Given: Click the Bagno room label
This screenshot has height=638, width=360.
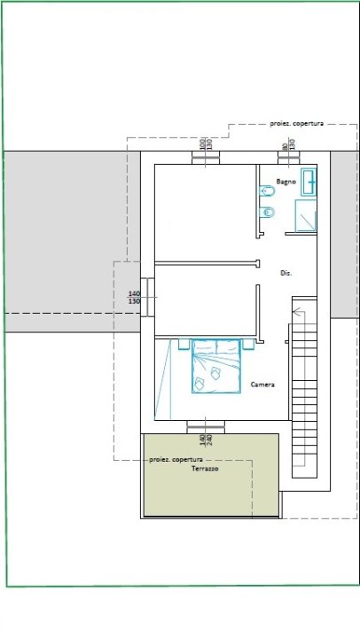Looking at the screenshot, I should (x=285, y=181).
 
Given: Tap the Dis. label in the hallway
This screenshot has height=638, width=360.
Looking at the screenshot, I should (x=286, y=273).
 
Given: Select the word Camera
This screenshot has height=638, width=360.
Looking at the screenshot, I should (x=262, y=385).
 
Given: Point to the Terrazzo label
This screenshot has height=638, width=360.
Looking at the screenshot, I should (x=205, y=469).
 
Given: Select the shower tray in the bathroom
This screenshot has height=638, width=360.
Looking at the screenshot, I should (x=306, y=216).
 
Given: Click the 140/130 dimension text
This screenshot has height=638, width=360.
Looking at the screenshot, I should (x=135, y=298).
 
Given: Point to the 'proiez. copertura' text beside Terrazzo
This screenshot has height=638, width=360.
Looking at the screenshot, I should (x=176, y=460).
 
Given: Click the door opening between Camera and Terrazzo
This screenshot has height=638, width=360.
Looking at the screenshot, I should (x=205, y=426).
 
